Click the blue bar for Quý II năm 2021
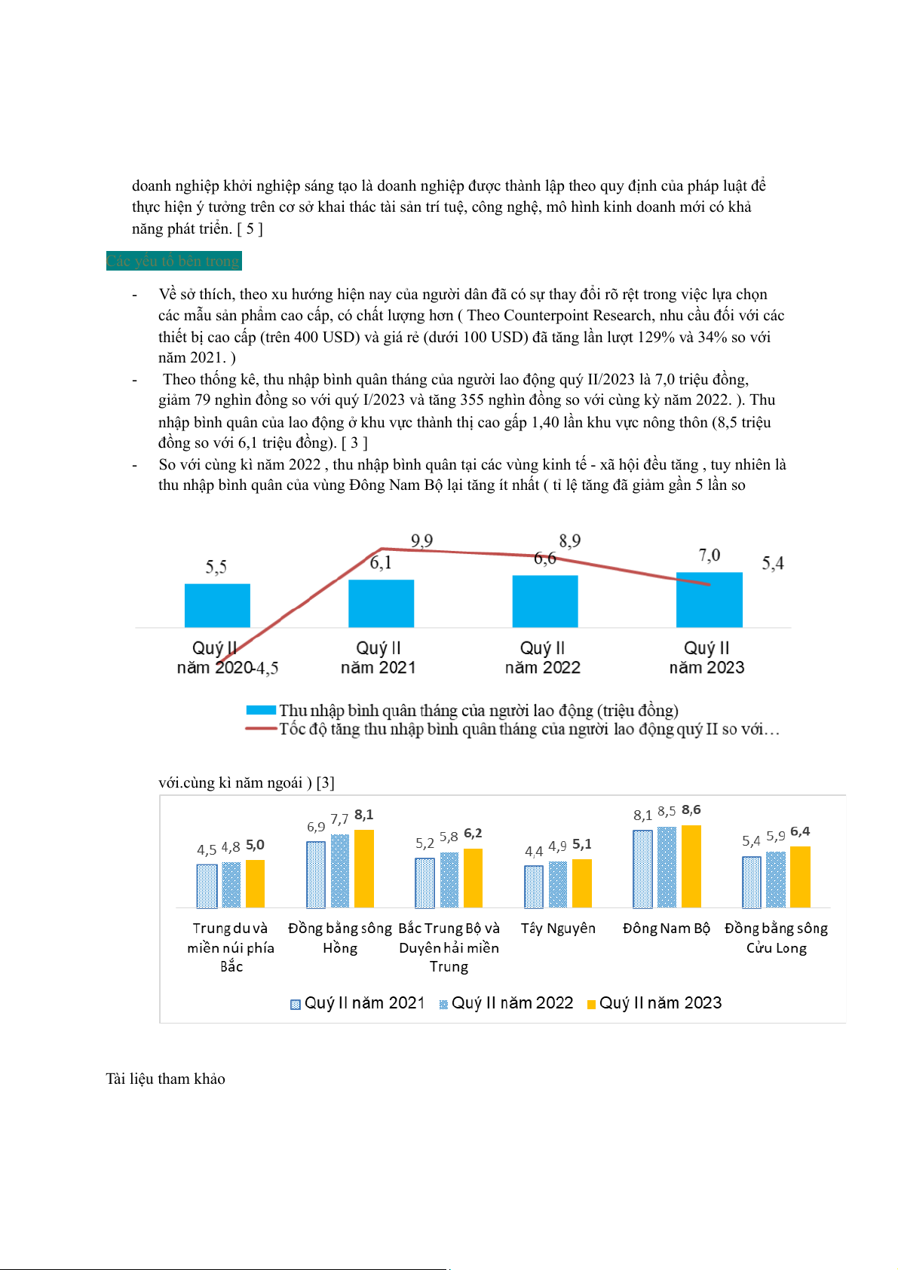[x=381, y=603]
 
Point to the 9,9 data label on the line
[x=421, y=541]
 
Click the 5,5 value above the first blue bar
[x=216, y=567]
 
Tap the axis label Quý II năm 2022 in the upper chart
[x=543, y=657]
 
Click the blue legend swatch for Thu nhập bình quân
[x=261, y=710]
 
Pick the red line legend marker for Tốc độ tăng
[x=261, y=729]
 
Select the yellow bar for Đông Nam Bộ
[x=691, y=866]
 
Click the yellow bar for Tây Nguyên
[x=581, y=883]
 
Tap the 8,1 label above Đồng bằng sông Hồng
[x=364, y=815]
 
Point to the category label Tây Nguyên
[x=558, y=929]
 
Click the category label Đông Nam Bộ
[x=667, y=929]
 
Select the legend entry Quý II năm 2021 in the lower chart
[x=358, y=1003]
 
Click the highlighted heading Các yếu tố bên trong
[x=173, y=261]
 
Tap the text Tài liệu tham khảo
[x=165, y=1079]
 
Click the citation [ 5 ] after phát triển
[x=250, y=228]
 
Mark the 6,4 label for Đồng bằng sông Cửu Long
[x=800, y=831]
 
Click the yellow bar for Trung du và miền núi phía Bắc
[x=255, y=883]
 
